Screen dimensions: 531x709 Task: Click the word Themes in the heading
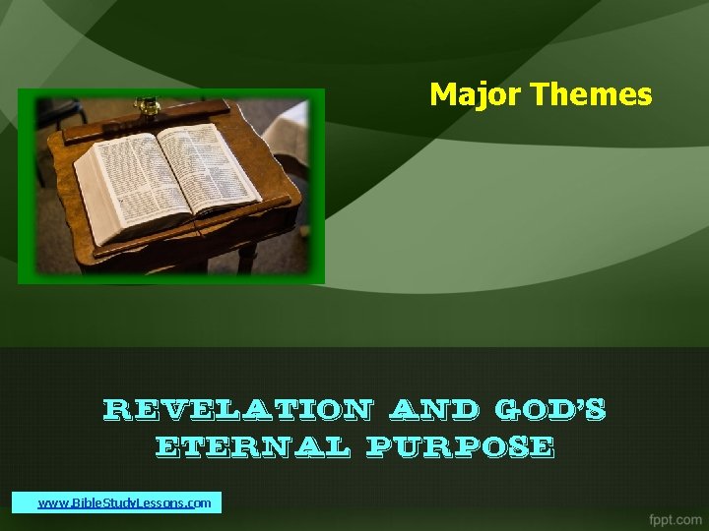pyautogui.click(x=591, y=94)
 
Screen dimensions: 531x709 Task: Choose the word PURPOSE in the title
pyautogui.click(x=459, y=447)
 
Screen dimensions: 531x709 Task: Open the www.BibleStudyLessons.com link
pyautogui.click(x=124, y=502)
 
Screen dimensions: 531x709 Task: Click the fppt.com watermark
pyautogui.click(x=676, y=517)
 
